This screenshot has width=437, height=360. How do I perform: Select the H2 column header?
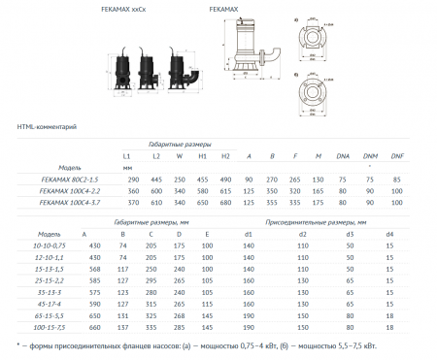click(225, 154)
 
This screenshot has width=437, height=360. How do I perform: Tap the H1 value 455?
click(203, 180)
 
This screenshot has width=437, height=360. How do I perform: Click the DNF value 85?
click(395, 180)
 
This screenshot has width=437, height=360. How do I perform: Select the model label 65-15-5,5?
click(49, 315)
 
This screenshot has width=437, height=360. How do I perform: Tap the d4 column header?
click(389, 234)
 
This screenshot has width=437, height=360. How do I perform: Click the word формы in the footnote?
click(44, 345)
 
